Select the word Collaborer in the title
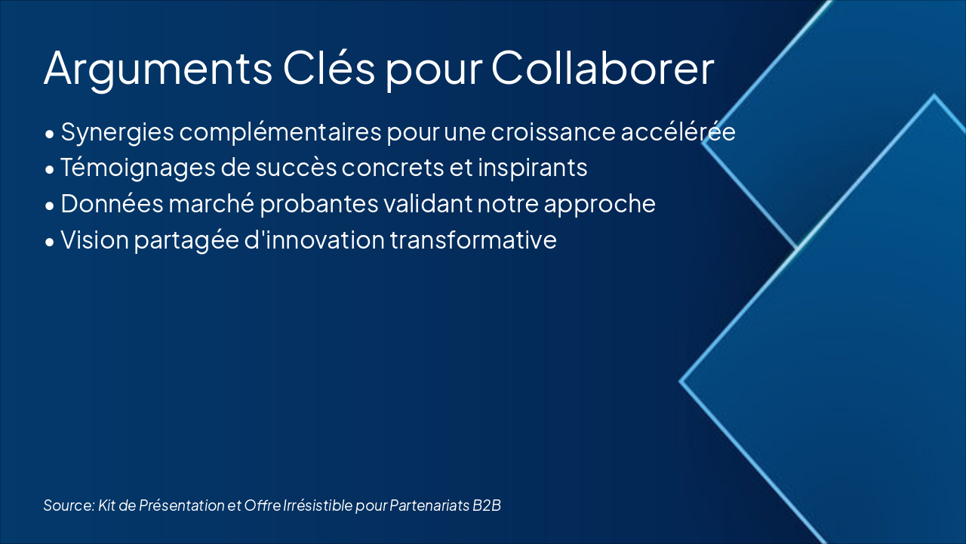point(602,68)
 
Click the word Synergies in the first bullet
point(116,131)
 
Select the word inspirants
point(532,168)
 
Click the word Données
point(105,204)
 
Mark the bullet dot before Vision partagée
point(49,242)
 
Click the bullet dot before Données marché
point(49,206)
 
